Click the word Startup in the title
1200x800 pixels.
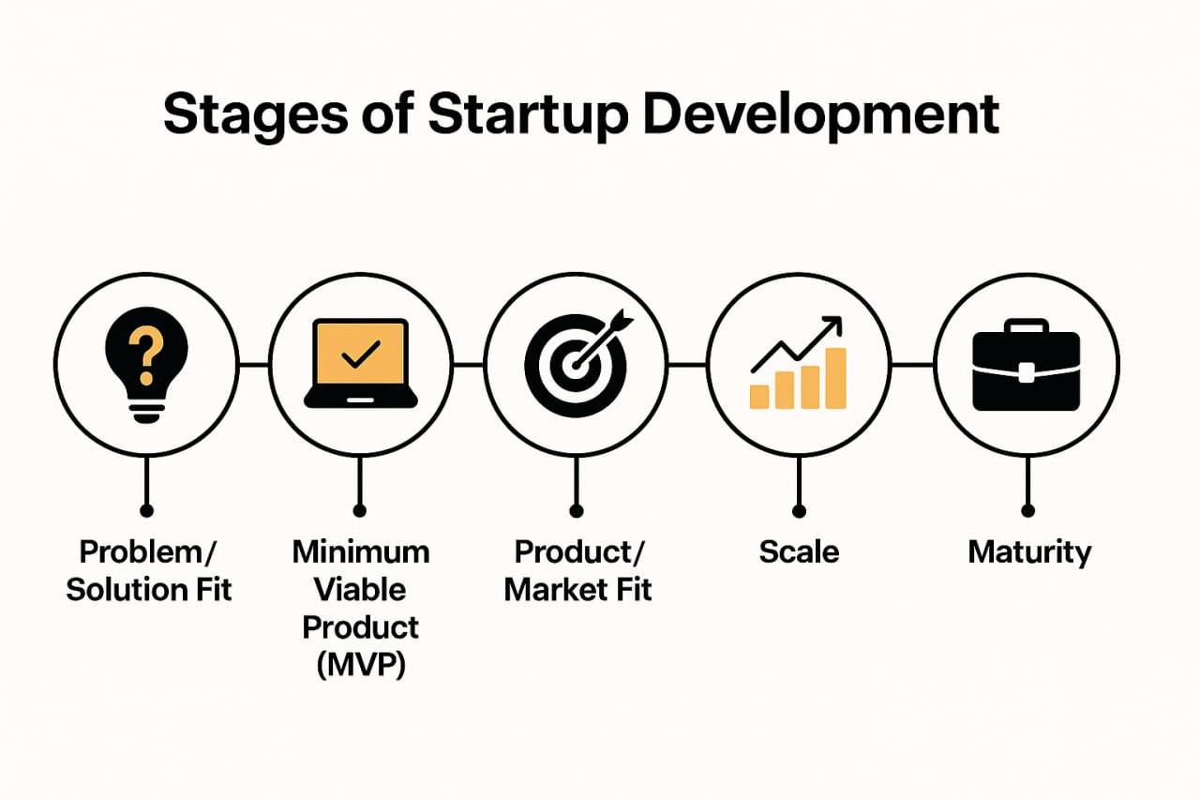pyautogui.click(x=528, y=116)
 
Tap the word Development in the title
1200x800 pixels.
pyautogui.click(x=821, y=116)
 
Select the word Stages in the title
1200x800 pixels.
pyautogui.click(x=256, y=116)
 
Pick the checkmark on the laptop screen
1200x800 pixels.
pyautogui.click(x=361, y=355)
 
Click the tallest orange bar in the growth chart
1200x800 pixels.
pyautogui.click(x=835, y=378)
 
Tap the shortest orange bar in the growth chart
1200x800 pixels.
pyautogui.click(x=759, y=397)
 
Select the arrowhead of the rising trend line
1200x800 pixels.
pyautogui.click(x=832, y=325)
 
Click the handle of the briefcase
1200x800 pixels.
pyautogui.click(x=1026, y=325)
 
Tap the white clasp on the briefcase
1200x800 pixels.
pyautogui.click(x=1026, y=372)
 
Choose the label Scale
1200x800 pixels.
pyautogui.click(x=799, y=551)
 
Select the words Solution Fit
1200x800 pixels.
pyautogui.click(x=148, y=590)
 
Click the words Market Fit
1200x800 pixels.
pyautogui.click(x=577, y=590)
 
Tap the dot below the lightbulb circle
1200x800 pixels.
pyautogui.click(x=146, y=510)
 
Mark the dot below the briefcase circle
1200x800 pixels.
pyautogui.click(x=1027, y=510)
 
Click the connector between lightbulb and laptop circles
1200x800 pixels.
pyautogui.click(x=253, y=365)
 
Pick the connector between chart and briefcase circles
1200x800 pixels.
pyautogui.click(x=912, y=365)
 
